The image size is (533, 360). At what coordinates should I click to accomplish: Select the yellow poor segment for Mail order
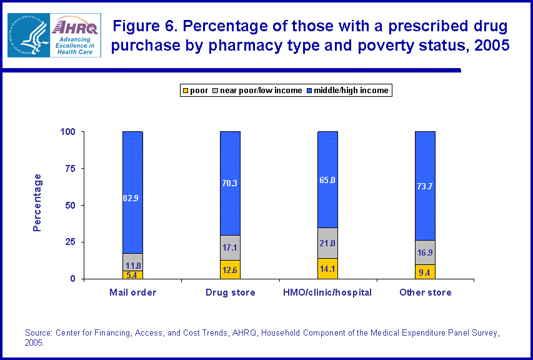coord(132,274)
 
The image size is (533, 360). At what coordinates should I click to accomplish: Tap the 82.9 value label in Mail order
coord(132,198)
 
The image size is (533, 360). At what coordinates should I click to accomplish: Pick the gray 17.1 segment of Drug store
coord(230,247)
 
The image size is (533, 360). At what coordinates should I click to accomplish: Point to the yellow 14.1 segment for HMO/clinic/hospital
coord(327,269)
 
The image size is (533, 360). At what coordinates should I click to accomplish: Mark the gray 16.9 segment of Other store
coord(425,252)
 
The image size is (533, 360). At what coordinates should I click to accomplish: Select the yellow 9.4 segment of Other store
coord(425,272)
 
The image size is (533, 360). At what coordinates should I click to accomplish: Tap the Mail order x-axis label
coord(132,292)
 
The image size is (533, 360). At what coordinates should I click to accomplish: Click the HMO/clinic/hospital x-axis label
coord(327,292)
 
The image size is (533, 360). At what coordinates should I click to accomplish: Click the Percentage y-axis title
coord(37,202)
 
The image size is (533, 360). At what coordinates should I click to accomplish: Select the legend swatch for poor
coord(185,91)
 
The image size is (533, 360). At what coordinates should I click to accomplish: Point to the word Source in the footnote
coord(38,333)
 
